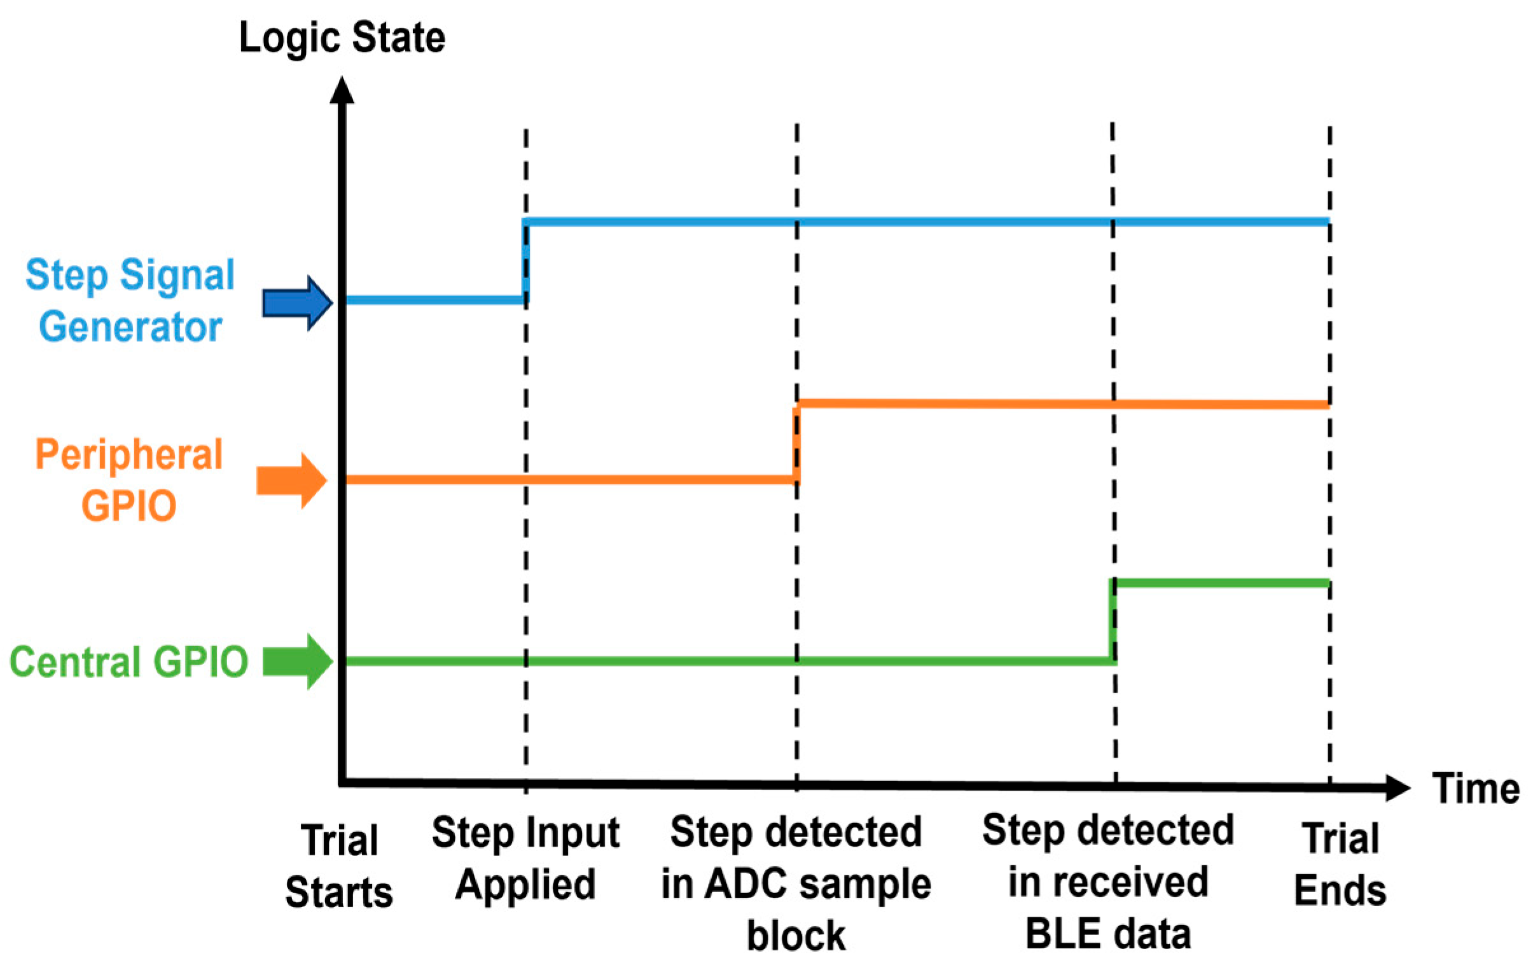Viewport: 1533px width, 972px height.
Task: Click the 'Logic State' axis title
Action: point(342,38)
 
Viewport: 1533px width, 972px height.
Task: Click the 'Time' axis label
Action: point(1475,789)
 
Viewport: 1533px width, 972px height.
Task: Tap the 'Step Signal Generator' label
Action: point(130,300)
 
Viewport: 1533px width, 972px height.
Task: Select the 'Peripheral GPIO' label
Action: point(128,480)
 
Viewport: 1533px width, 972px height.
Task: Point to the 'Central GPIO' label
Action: point(128,662)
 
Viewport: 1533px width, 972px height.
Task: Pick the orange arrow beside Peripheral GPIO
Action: point(291,481)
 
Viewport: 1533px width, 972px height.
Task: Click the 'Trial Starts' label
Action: point(338,866)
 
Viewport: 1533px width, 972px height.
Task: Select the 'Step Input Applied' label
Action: point(525,858)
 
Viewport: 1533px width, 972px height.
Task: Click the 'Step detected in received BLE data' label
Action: point(1107,882)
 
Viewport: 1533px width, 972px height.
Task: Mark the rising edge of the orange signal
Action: point(796,441)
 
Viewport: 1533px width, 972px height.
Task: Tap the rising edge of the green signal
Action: point(1112,622)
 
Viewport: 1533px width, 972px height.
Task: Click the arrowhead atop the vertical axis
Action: point(342,90)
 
